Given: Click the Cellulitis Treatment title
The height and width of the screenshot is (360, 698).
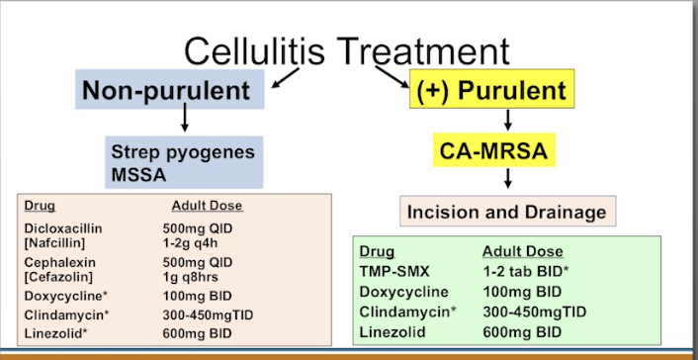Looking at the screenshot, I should point(347,50).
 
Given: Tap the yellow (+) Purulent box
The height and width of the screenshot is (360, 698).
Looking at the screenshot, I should point(491,92).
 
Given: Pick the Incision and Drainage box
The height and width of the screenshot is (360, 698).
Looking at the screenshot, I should point(507,211).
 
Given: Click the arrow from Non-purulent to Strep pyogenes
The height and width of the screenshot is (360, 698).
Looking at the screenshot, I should point(185,121).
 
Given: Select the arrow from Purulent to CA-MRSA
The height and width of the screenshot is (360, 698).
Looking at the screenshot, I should point(507,121).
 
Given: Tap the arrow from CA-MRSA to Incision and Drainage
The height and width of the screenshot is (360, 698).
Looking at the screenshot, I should point(507,179).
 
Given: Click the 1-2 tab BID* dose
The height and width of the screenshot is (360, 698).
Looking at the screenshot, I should point(526,271).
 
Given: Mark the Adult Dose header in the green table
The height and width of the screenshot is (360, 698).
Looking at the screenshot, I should point(522,251).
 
